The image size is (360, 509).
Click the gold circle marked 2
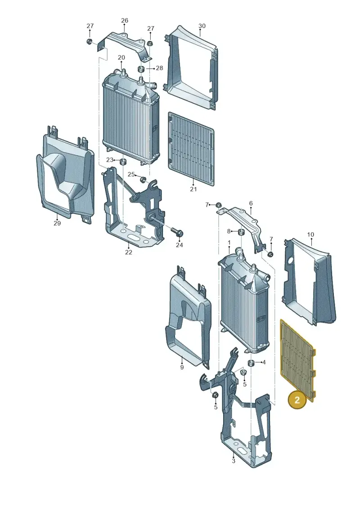(297, 400)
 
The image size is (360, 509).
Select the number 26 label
(125, 20)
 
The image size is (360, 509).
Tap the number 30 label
(202, 26)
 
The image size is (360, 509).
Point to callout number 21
(193, 189)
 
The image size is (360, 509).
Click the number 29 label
(57, 223)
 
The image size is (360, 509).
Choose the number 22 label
(129, 252)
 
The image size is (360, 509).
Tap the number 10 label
(310, 234)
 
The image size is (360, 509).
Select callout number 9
(182, 367)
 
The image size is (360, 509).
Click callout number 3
(234, 461)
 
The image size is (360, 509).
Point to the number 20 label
(121, 58)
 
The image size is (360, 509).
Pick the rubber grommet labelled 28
(141, 69)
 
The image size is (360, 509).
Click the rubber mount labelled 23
(123, 161)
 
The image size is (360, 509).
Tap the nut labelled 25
(142, 179)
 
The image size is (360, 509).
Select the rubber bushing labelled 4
(251, 363)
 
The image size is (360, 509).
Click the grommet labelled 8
(241, 232)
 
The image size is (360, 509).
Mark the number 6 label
(251, 203)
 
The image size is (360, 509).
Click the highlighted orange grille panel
(297, 359)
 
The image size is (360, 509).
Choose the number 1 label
(229, 243)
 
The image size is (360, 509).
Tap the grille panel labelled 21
(191, 149)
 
